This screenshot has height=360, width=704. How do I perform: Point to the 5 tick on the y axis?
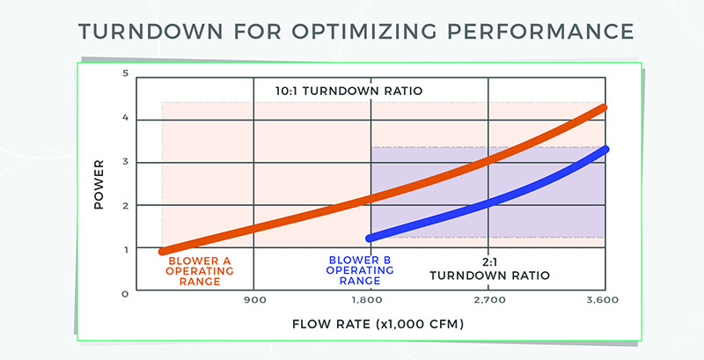[x=125, y=74]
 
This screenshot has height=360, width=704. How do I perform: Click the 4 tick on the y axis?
[x=125, y=118]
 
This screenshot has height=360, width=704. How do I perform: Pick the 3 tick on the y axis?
[x=125, y=162]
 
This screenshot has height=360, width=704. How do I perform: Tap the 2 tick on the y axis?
[x=125, y=206]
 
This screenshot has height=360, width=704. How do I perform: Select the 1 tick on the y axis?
[x=125, y=249]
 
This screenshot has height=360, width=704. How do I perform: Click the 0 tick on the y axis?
[x=125, y=293]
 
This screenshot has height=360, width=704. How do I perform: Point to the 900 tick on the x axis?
[x=254, y=302]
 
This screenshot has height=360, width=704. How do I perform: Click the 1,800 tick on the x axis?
[x=370, y=302]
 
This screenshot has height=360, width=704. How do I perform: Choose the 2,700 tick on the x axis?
[x=488, y=302]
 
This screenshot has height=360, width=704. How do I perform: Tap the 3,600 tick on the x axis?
[x=604, y=302]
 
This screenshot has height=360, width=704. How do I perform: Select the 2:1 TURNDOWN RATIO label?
[x=489, y=268]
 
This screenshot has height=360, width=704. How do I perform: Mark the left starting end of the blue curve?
[x=370, y=238]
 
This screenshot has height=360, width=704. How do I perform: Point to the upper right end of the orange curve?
[x=603, y=108]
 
